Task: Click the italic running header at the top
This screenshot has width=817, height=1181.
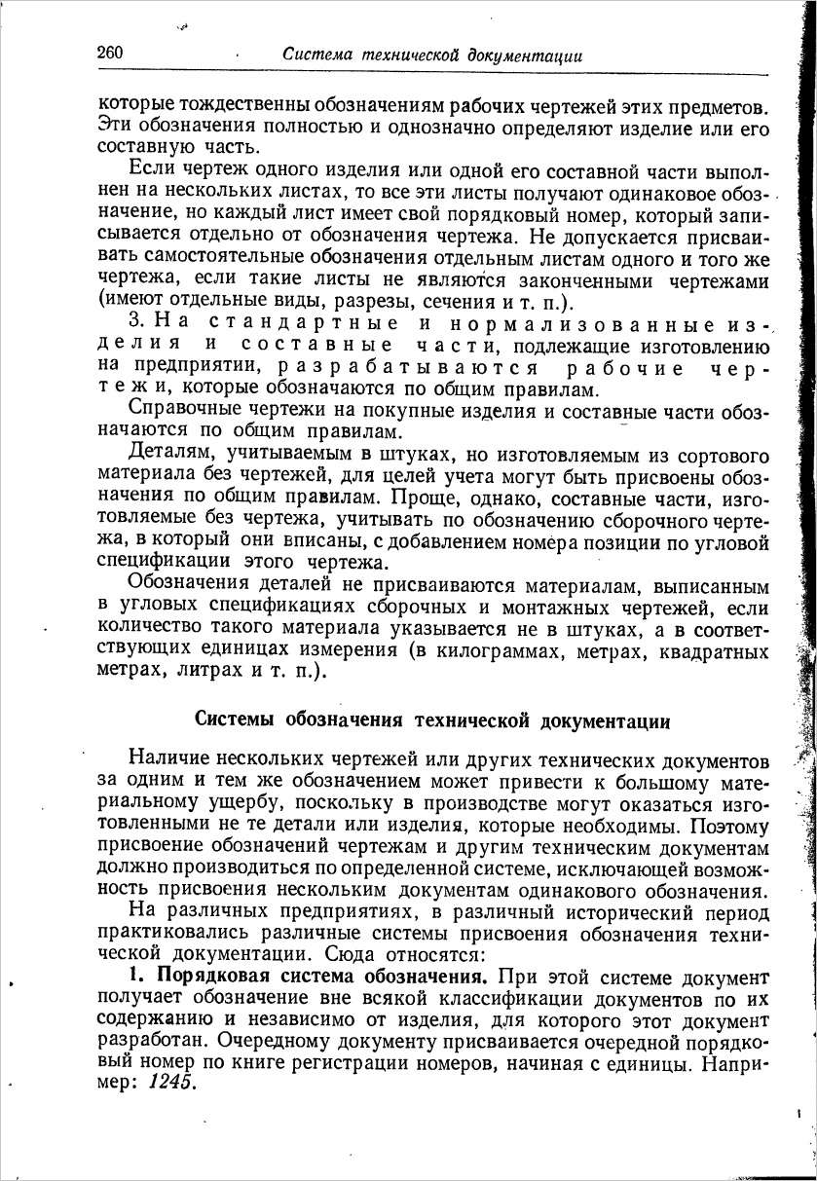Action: (x=432, y=56)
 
